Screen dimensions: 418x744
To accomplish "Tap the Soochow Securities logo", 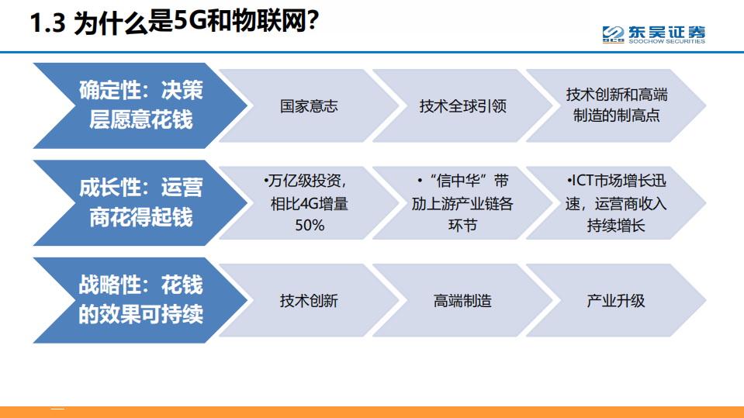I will (653, 35).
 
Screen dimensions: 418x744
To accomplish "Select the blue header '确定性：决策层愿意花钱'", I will (140, 105).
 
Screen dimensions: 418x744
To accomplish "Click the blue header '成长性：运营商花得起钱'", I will (140, 202).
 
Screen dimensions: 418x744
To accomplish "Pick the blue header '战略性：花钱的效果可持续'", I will (140, 300).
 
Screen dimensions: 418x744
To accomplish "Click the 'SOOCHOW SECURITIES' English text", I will (666, 42).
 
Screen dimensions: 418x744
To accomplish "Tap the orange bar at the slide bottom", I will (372, 412).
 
